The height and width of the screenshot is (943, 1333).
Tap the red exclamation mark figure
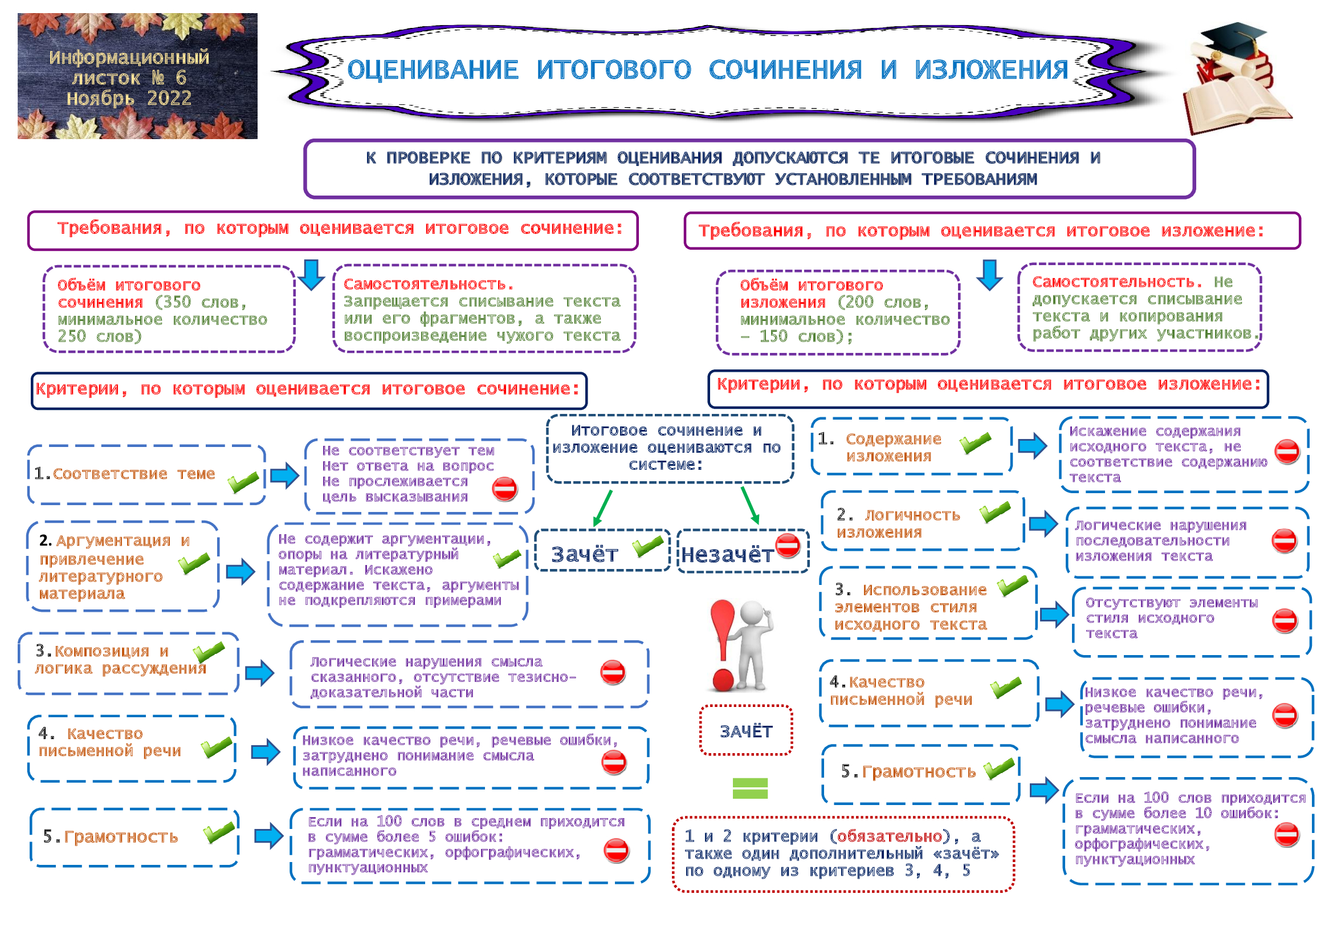(x=723, y=645)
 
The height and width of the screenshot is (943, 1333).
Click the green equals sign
(x=750, y=788)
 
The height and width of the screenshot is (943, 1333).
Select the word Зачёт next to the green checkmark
(x=585, y=555)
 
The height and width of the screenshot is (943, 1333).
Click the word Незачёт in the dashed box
(x=727, y=555)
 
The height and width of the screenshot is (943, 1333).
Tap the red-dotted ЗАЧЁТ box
(x=746, y=731)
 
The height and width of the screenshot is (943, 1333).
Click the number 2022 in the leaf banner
(x=169, y=99)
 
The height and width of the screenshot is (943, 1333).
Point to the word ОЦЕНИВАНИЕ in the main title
(x=433, y=70)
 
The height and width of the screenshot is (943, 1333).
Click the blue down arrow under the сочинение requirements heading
(x=312, y=275)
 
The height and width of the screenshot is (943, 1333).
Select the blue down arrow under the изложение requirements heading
(x=990, y=275)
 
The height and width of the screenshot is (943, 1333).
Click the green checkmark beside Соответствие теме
(x=243, y=482)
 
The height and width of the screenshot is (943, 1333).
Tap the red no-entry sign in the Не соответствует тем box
(x=504, y=489)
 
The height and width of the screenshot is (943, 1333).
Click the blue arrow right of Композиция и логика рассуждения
(x=259, y=673)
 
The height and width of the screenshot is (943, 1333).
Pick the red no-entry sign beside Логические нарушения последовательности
(x=1283, y=540)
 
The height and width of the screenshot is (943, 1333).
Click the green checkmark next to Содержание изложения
(x=975, y=443)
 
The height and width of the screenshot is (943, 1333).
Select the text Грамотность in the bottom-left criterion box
(x=121, y=837)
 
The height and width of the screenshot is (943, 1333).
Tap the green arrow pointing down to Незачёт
(x=749, y=506)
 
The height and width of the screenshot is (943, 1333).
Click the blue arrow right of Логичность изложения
(x=1043, y=523)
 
